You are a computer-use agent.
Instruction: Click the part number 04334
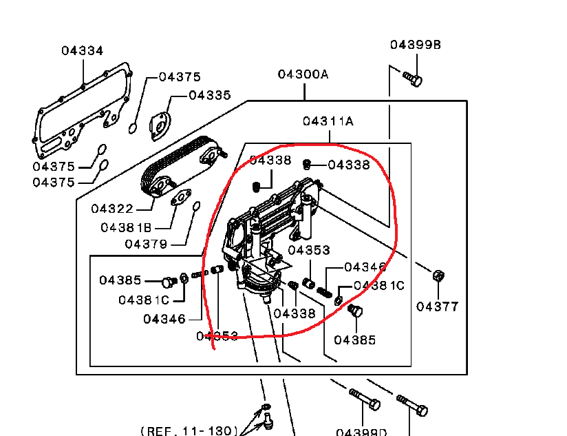click(x=82, y=50)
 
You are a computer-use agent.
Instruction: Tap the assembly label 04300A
click(x=303, y=74)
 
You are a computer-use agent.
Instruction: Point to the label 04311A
click(x=328, y=121)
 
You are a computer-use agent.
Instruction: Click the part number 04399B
click(x=416, y=45)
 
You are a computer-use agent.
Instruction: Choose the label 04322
click(x=112, y=208)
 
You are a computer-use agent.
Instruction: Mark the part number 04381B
click(x=126, y=227)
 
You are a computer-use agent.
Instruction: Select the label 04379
click(x=146, y=244)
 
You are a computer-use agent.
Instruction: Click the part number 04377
click(x=437, y=307)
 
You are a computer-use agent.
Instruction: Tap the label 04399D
click(x=361, y=432)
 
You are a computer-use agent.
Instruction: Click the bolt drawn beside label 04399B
click(x=412, y=79)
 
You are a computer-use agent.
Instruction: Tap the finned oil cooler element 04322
click(x=182, y=167)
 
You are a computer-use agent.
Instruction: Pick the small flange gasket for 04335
click(x=161, y=125)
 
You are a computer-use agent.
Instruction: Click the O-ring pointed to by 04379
click(x=196, y=207)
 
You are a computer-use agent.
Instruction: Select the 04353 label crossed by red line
click(x=217, y=336)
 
